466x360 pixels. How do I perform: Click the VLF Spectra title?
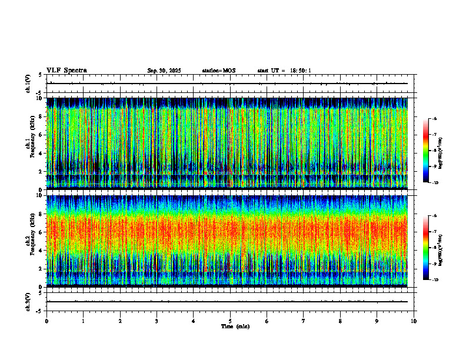pos(66,71)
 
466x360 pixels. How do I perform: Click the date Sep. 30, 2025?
pos(164,71)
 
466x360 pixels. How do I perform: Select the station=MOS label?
pos(218,71)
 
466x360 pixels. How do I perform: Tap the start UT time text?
pos(284,71)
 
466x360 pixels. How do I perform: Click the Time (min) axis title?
pos(235,326)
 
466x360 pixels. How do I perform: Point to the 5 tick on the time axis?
pos(230,321)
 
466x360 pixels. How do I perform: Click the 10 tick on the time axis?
pos(414,321)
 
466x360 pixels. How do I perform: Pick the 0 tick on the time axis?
pos(46,321)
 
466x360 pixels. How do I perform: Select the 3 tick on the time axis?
pos(157,321)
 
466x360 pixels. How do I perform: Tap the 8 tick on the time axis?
pos(340,321)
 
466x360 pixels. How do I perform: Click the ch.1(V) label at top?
pos(28,84)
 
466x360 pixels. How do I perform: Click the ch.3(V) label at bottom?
pos(28,301)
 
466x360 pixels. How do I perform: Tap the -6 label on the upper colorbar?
pos(434,119)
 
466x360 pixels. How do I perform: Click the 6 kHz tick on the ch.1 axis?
pos(41,135)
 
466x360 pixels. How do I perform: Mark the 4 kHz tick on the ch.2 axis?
pos(41,250)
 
